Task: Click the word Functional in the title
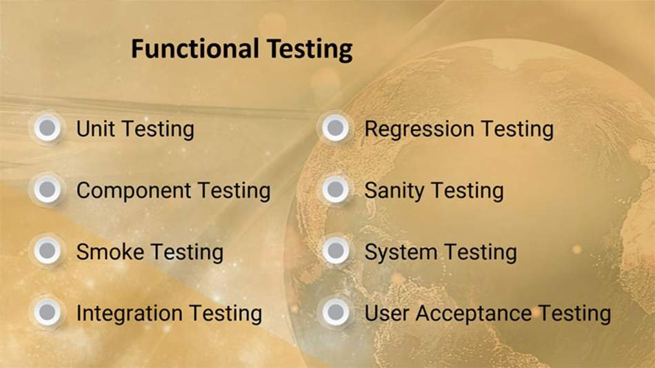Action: (194, 48)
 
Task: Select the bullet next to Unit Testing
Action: (47, 127)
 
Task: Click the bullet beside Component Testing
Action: (47, 190)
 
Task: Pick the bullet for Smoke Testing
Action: (47, 251)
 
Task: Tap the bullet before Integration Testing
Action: (47, 312)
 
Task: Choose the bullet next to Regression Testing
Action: (336, 127)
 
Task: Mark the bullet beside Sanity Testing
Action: (336, 190)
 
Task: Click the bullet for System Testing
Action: (336, 251)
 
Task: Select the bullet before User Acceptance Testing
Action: (336, 312)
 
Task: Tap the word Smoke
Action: (110, 252)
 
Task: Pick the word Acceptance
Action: (473, 314)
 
